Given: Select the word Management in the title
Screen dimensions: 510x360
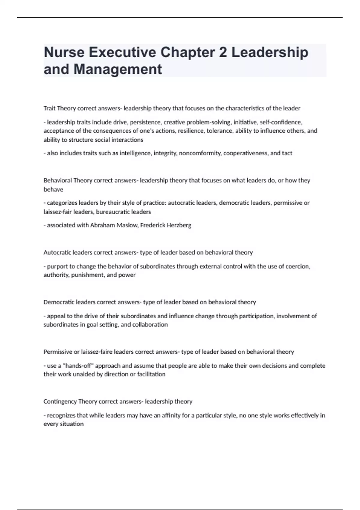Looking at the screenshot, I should coord(118,69).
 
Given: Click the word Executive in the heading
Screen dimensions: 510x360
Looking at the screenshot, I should coord(122,52).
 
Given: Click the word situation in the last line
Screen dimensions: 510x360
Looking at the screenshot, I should coord(72,424).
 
